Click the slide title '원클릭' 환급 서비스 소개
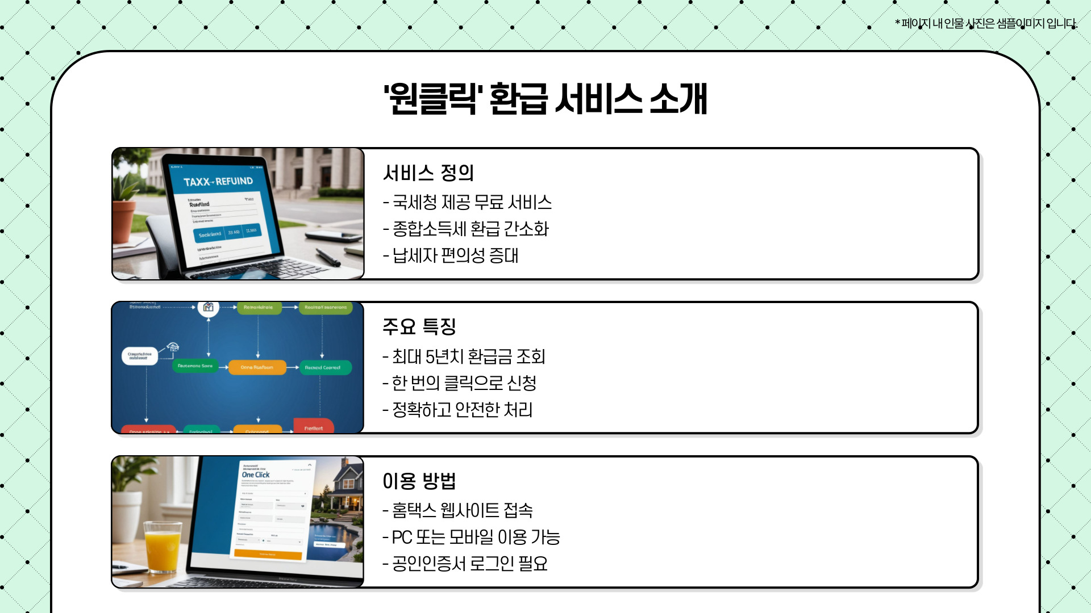click(x=545, y=99)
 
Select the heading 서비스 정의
click(x=428, y=173)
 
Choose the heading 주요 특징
click(x=419, y=326)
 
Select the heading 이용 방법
click(x=419, y=481)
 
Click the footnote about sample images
click(x=986, y=23)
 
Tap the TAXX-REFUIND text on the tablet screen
click(x=218, y=182)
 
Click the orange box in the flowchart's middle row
click(x=257, y=367)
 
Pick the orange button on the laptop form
click(x=268, y=555)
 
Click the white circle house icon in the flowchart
click(x=209, y=307)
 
